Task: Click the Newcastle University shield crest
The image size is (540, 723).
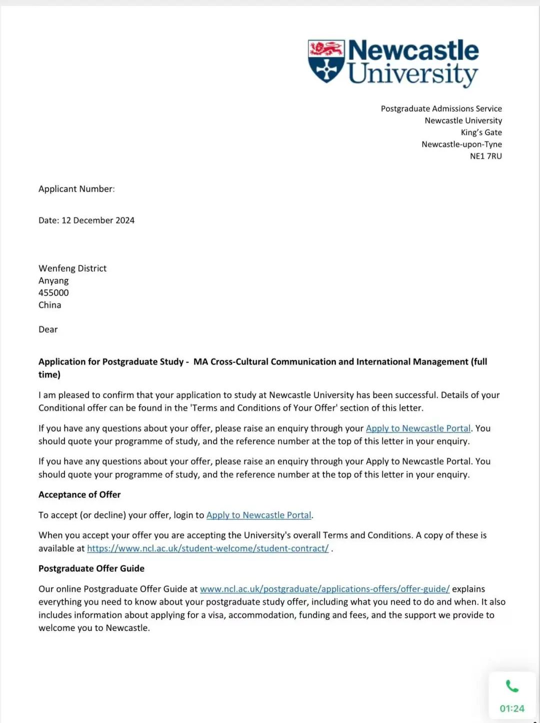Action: [326, 61]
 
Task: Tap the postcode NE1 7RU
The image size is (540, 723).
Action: [485, 156]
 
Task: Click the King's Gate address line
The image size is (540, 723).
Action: [481, 132]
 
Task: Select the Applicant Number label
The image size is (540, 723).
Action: [76, 189]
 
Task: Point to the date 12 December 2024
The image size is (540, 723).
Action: [98, 220]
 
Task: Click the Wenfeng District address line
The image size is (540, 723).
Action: [72, 268]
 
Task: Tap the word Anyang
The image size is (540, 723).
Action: [53, 280]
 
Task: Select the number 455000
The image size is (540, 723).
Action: [53, 292]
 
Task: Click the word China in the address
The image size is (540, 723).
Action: [50, 305]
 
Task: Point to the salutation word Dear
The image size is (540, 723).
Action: [48, 329]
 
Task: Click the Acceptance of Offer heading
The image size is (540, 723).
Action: [79, 495]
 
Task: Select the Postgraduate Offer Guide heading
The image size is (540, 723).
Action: [91, 568]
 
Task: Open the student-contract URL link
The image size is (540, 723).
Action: [207, 548]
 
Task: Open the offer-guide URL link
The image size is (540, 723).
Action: [324, 589]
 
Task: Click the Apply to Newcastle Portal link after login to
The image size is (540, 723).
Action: [258, 515]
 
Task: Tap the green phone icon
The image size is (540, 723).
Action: [512, 686]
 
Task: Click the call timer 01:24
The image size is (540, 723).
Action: [512, 708]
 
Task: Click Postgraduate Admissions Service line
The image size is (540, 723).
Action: [441, 109]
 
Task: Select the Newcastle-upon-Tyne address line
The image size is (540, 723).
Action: [461, 144]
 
